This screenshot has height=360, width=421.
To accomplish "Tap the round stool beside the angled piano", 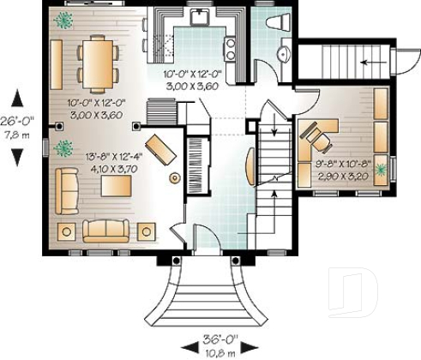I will (176, 177).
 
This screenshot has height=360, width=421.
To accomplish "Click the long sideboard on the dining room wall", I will (55, 65).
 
